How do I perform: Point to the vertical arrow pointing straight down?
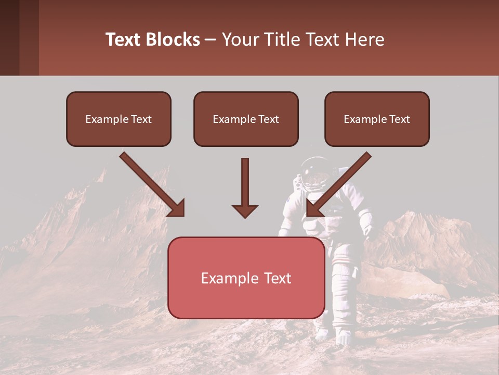point(245,187)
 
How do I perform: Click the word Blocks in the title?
point(174,40)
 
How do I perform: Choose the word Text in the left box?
point(141,119)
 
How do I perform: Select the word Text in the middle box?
point(269,119)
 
